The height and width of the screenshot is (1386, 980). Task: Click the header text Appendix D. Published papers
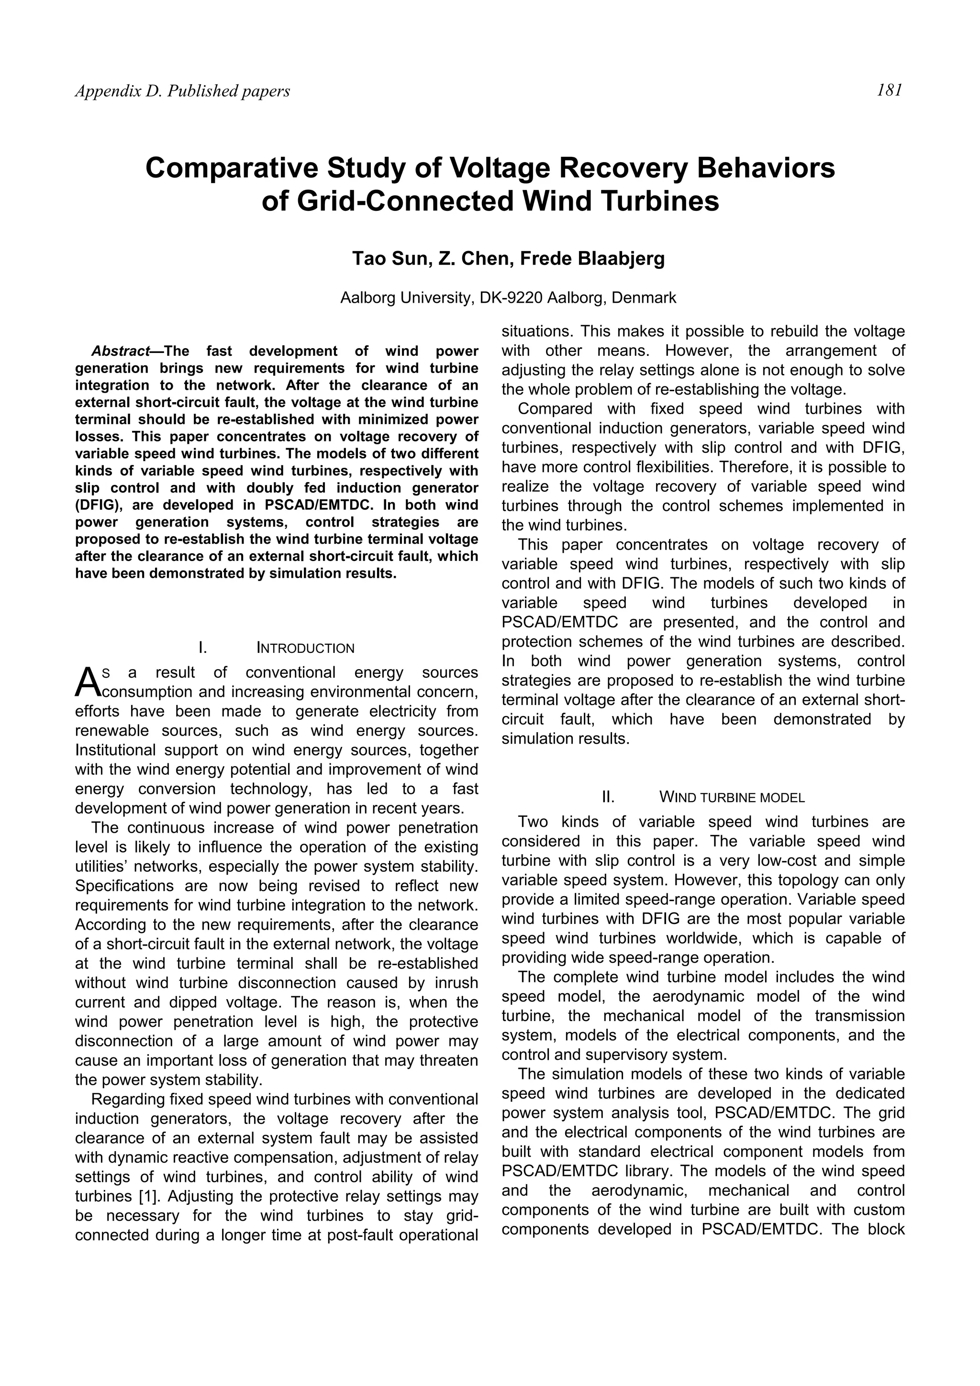pyautogui.click(x=182, y=91)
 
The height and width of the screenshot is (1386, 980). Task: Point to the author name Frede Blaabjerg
pyautogui.click(x=592, y=258)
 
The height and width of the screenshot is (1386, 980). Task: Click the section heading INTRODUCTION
pyautogui.click(x=306, y=649)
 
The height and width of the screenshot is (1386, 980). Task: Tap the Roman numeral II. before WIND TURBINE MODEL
pyautogui.click(x=608, y=797)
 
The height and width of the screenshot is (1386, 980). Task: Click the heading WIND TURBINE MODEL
pyautogui.click(x=732, y=797)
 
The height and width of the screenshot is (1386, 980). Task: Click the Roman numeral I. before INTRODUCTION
pyautogui.click(x=203, y=649)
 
